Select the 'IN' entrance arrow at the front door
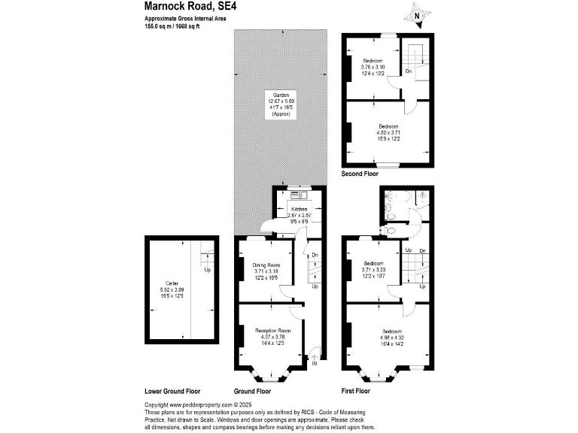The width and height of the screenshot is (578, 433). [315, 363]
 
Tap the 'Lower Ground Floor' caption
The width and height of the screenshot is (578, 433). [172, 392]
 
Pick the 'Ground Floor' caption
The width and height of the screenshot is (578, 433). [254, 392]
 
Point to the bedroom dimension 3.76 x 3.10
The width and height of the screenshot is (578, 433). [373, 67]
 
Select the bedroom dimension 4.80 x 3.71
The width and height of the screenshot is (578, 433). [388, 132]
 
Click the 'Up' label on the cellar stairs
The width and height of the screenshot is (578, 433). [208, 271]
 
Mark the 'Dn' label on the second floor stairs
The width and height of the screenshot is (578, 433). [407, 71]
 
